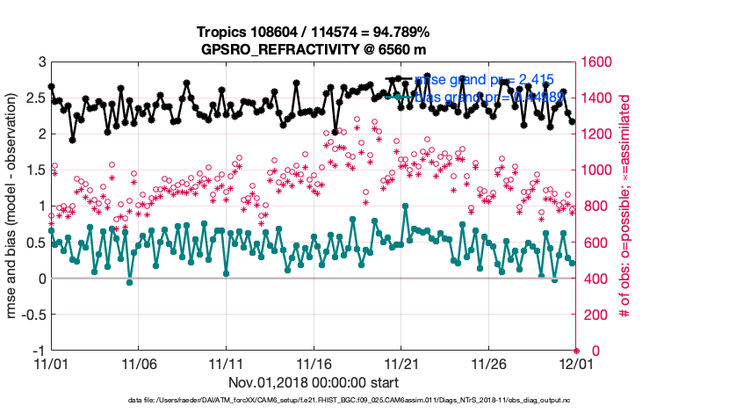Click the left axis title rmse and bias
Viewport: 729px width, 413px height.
(12, 206)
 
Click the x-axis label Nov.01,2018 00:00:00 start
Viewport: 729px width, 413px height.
(314, 382)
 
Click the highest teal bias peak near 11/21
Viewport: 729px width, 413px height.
(405, 206)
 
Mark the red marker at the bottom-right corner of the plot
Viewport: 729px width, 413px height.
(576, 351)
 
